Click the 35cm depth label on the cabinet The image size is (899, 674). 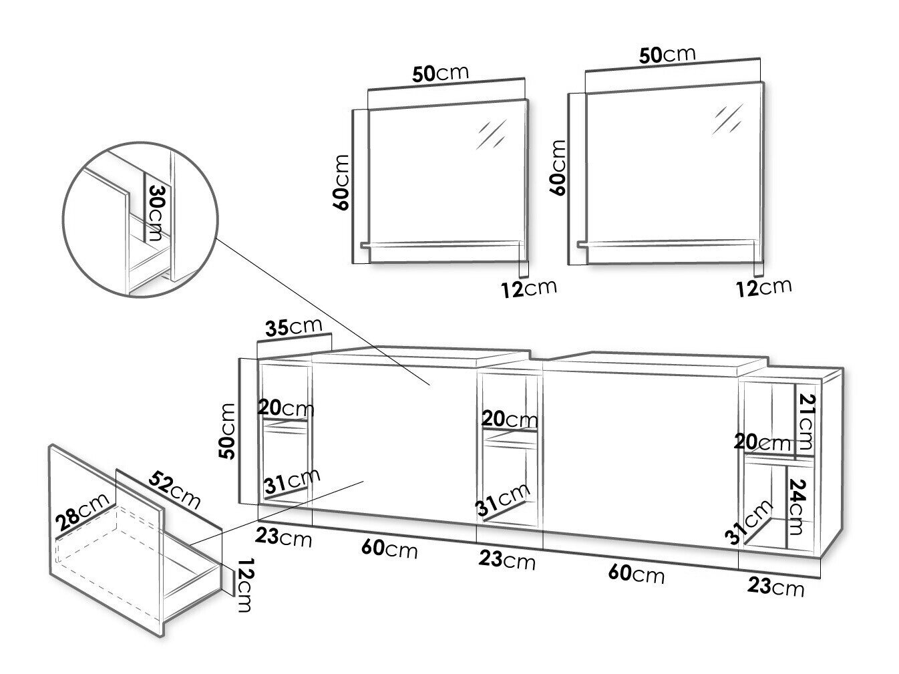pos(294,327)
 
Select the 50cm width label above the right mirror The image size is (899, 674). pos(667,55)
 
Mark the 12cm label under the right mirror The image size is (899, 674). pos(763,287)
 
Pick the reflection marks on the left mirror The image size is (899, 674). pos(492,133)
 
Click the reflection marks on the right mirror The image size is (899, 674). pos(727,118)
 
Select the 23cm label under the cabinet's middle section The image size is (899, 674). pos(507,560)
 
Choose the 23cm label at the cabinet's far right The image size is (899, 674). pos(775,587)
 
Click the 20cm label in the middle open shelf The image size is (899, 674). pos(510,419)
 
